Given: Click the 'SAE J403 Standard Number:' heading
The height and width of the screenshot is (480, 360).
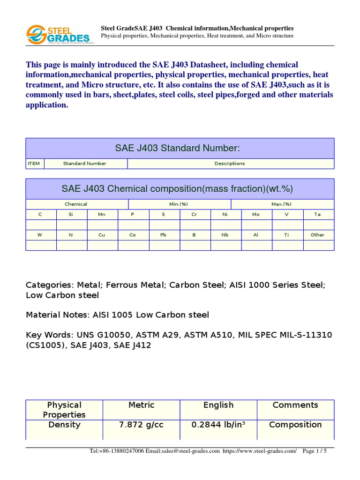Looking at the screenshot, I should click(177, 148).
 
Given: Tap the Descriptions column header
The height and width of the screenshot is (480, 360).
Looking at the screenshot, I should click(230, 164).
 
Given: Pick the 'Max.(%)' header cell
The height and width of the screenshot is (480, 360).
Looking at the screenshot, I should click(282, 204).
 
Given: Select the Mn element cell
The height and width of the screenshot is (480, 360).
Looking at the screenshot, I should click(102, 215).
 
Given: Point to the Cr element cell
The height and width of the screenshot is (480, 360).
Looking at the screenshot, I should click(194, 215).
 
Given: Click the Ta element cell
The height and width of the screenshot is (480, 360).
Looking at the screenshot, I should click(317, 215).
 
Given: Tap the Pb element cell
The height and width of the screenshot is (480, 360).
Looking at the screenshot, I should click(163, 235).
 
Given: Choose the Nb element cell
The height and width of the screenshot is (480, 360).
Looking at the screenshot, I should click(225, 235).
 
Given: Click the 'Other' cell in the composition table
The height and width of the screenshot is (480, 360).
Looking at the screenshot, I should click(317, 235).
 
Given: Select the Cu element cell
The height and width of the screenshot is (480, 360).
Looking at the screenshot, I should click(102, 235).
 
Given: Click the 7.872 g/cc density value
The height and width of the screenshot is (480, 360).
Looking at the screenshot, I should click(141, 425).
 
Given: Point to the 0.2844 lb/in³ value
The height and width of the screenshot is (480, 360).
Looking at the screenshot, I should click(218, 425).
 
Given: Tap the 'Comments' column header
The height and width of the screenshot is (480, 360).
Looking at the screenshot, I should click(295, 405).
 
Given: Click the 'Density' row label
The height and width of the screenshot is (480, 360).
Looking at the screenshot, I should click(64, 425).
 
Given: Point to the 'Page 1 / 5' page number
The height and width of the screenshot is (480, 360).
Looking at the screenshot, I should click(315, 451).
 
